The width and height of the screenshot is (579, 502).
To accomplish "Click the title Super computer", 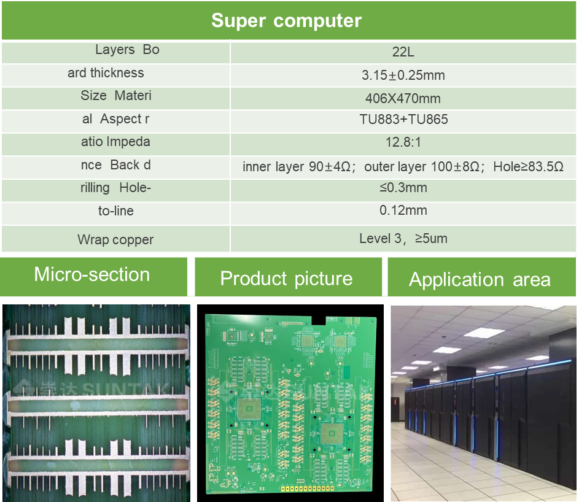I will tap(286, 21).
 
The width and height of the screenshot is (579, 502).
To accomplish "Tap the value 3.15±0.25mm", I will tap(403, 75).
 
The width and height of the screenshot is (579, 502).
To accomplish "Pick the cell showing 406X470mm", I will tap(403, 98).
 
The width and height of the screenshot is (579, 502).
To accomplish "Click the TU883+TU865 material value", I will tap(403, 120).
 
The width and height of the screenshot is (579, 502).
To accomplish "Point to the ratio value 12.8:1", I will tap(403, 142).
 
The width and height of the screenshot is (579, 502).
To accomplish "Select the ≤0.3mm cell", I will tap(403, 188).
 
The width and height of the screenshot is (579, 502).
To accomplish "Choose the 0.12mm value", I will tap(403, 210).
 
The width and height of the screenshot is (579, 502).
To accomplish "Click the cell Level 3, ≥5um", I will tap(403, 239).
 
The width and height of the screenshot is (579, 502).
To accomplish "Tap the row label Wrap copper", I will tap(115, 240).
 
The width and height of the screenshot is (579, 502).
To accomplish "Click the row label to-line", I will tap(115, 211).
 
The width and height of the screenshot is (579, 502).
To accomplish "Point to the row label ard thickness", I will tap(106, 73).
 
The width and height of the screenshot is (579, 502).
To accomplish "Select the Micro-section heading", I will tap(92, 274).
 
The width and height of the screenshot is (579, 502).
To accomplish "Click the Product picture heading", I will tap(286, 279).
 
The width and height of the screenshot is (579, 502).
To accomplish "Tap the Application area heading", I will tap(480, 280).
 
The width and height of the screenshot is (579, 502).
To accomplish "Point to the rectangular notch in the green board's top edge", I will tap(319, 319).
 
